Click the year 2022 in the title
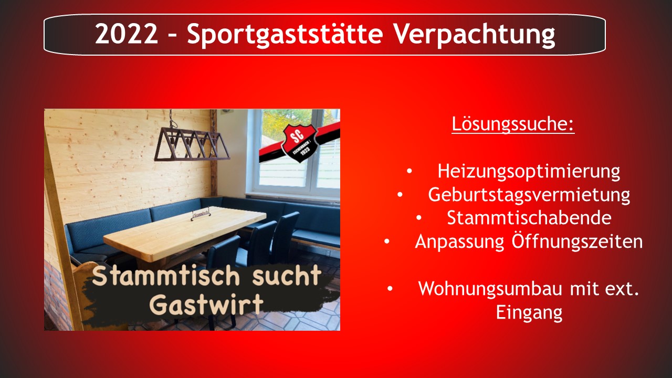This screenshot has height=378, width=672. pos(127,34)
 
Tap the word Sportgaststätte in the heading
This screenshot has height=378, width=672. pos(285,35)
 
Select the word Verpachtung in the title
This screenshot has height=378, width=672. pos(474,35)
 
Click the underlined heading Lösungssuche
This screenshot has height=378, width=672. pos(513,123)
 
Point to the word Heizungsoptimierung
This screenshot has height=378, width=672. pos(529,172)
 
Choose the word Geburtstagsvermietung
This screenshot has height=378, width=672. pos(529,195)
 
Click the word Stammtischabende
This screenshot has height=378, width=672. pos(529,218)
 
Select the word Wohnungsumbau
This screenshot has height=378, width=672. pos(490,289)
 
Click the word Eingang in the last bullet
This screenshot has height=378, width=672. pos(529,313)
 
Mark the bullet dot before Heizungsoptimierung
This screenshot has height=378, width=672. pos(409,171)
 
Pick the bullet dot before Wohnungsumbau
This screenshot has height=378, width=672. pos(390,288)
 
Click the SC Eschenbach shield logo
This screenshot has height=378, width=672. pos(298,143)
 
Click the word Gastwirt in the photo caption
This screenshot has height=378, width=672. pos(206,304)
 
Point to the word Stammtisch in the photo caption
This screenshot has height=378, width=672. pos(166,276)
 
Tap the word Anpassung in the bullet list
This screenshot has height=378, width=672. pos(459,242)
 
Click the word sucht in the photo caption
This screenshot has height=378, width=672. pos(287,276)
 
